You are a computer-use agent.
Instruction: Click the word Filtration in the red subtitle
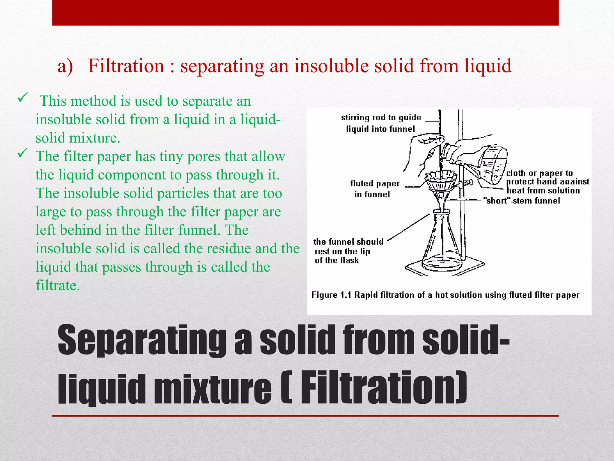(126, 66)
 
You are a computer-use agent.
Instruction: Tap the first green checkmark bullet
(23, 98)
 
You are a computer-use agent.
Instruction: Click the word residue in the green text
(229, 249)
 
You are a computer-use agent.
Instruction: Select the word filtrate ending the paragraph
(58, 285)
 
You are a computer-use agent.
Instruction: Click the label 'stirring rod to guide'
(381, 117)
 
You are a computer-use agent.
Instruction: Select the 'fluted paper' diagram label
(375, 183)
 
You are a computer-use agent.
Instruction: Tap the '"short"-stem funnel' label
(521, 200)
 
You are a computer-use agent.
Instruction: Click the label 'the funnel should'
(348, 242)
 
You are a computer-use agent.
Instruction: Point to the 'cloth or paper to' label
(539, 173)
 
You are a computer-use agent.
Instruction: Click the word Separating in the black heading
(142, 340)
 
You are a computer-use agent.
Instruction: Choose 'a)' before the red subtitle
(65, 66)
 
